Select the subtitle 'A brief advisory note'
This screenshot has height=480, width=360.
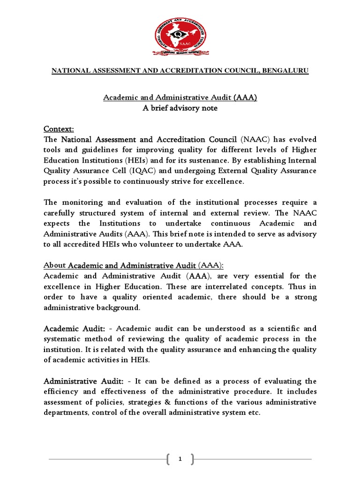(x=180, y=108)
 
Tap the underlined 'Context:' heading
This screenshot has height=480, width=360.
(x=59, y=129)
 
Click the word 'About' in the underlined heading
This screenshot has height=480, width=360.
(x=55, y=265)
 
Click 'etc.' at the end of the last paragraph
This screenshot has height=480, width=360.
(x=253, y=412)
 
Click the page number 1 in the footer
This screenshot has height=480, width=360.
(x=180, y=460)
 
